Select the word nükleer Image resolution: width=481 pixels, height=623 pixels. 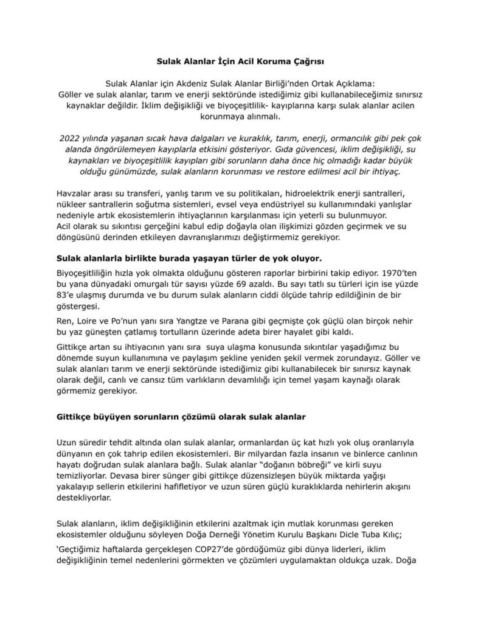coord(71,205)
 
